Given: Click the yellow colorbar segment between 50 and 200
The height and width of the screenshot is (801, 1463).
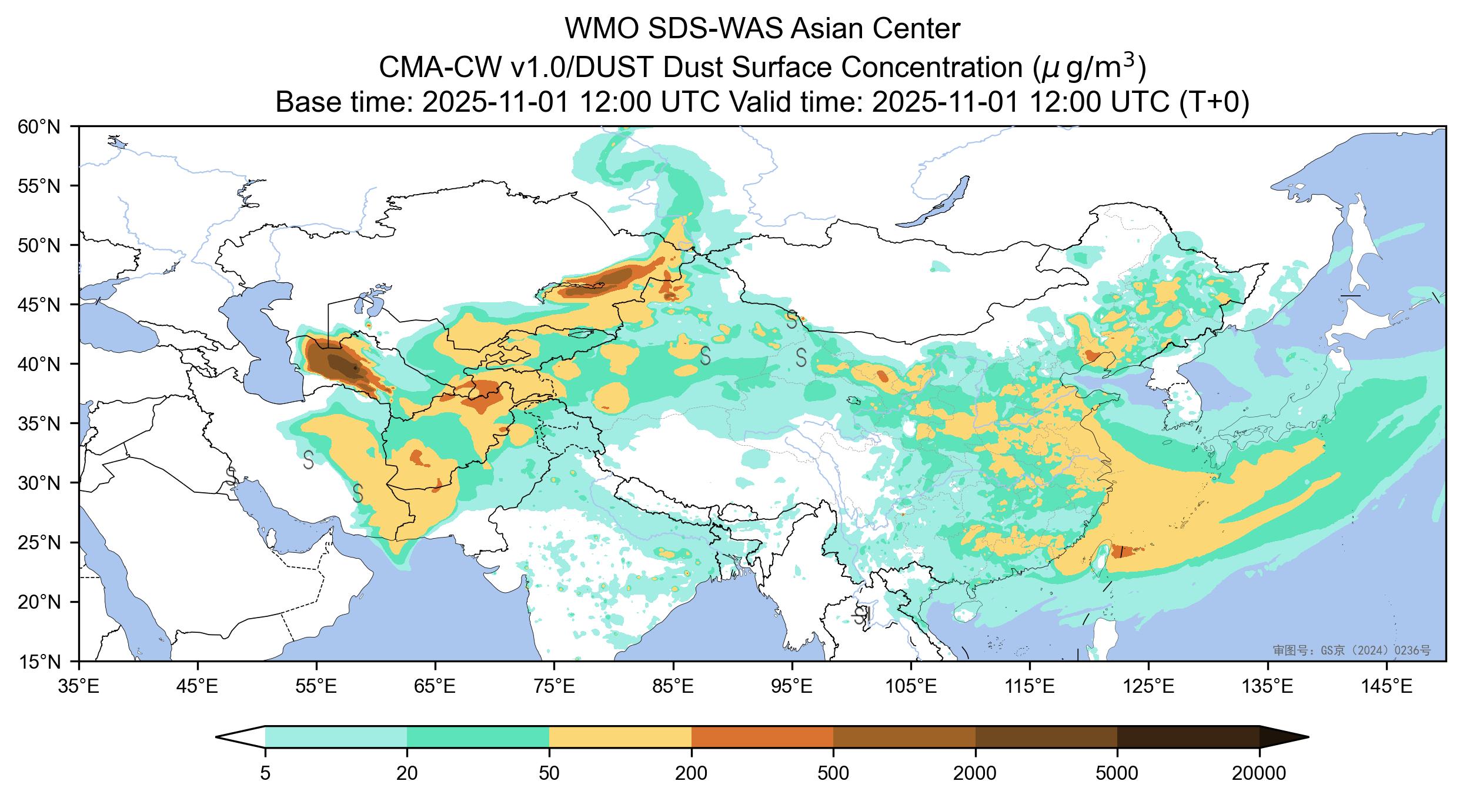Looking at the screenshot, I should pos(620,737).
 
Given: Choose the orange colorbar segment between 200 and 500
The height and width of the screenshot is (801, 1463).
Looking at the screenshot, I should pos(762,737).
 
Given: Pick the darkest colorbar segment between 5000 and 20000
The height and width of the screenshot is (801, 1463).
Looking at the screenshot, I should pos(1188,737).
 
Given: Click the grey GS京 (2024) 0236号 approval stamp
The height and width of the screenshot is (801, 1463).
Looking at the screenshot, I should pos(1351,650).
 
